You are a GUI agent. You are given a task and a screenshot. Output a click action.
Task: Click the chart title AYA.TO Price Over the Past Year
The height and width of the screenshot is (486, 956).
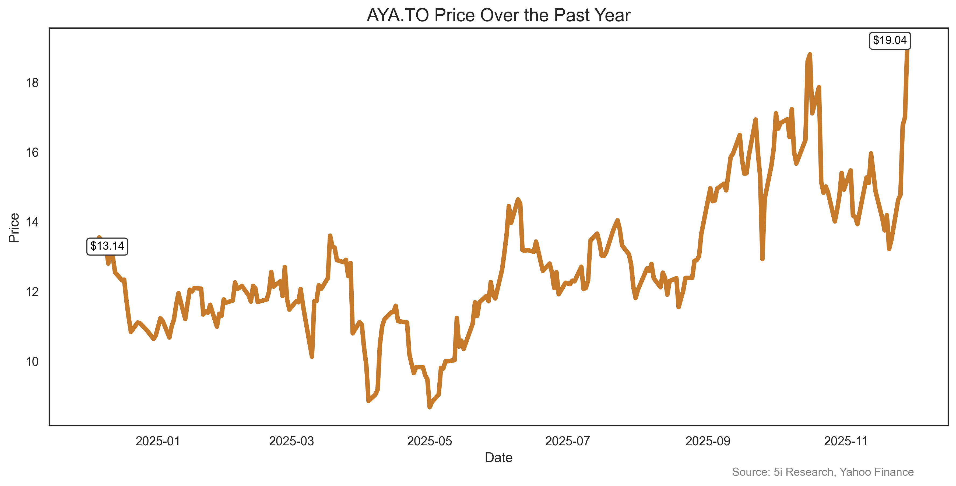pyautogui.click(x=498, y=15)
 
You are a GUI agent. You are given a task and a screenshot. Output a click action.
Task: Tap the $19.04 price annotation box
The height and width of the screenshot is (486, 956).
pyautogui.click(x=890, y=40)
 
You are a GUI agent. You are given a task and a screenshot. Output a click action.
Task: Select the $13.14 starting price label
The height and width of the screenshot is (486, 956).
pyautogui.click(x=107, y=246)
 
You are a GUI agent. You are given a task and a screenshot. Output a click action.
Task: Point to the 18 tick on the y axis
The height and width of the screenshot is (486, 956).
pyautogui.click(x=32, y=83)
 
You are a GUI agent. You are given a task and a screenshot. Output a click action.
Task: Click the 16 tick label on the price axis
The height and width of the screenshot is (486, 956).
pyautogui.click(x=32, y=153)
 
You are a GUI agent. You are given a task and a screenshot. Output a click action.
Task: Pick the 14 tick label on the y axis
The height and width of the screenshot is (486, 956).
pyautogui.click(x=32, y=222)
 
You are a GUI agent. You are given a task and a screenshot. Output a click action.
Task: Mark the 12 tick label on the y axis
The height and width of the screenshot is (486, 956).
pyautogui.click(x=32, y=292)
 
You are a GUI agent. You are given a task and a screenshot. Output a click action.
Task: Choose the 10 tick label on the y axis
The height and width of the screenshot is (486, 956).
pyautogui.click(x=32, y=362)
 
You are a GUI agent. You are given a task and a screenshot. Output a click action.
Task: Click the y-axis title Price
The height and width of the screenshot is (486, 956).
pyautogui.click(x=14, y=228)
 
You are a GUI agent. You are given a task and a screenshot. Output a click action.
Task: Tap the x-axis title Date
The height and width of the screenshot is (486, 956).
pyautogui.click(x=498, y=458)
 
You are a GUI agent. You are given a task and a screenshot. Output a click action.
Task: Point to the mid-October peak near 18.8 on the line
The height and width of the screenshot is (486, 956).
pyautogui.click(x=810, y=55)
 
